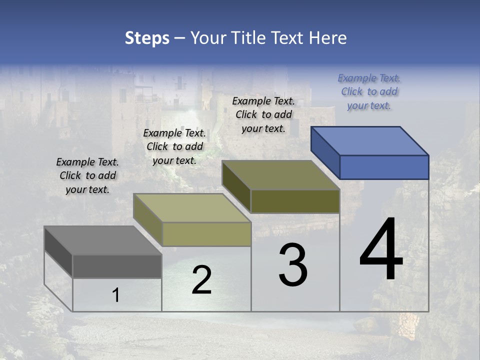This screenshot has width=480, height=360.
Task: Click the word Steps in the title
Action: coord(147,38)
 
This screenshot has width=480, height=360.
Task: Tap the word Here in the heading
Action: coord(327,38)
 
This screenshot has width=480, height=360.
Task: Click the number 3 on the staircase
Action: coord(293,265)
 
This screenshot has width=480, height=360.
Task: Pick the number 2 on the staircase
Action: coord(201,280)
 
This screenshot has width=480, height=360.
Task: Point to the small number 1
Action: coord(115,295)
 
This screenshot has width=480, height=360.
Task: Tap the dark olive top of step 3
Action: coord(281,175)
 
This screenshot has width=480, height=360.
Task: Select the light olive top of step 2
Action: coord(192,208)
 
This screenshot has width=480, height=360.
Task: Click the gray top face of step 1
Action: coord(102,240)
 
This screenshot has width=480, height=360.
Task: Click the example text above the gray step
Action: coord(87,175)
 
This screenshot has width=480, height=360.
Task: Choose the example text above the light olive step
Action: coord(174,146)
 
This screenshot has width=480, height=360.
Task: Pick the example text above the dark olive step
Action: coord(263,114)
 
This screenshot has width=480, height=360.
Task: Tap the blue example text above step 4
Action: coord(369,91)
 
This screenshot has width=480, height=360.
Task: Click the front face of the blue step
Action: coord(384,167)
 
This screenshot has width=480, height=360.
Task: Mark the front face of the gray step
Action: coord(117,266)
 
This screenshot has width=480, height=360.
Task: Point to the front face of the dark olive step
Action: coord(295,201)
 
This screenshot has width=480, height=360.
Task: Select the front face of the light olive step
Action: coord(206,234)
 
